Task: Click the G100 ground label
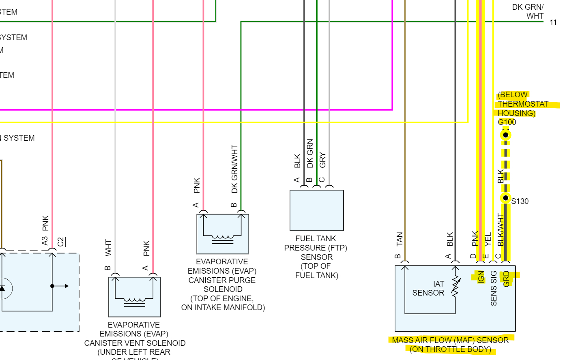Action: [507, 122]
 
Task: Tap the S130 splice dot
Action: [505, 198]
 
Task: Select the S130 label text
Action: [520, 201]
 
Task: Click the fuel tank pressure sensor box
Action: [316, 210]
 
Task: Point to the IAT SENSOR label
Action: [428, 288]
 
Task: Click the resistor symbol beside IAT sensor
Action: [456, 287]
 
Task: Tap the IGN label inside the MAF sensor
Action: [481, 277]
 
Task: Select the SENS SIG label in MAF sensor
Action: [494, 288]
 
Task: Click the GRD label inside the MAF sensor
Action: [506, 279]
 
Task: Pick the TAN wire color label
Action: [400, 239]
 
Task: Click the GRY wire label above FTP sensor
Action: [322, 160]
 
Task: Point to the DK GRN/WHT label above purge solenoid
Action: [234, 169]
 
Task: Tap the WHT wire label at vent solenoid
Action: [108, 247]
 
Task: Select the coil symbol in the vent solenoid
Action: [135, 302]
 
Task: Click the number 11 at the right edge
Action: [553, 23]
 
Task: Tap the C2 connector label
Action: [61, 242]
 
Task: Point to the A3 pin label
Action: [45, 241]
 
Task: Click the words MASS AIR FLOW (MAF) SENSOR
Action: [450, 340]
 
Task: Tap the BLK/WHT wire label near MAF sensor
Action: [501, 229]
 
